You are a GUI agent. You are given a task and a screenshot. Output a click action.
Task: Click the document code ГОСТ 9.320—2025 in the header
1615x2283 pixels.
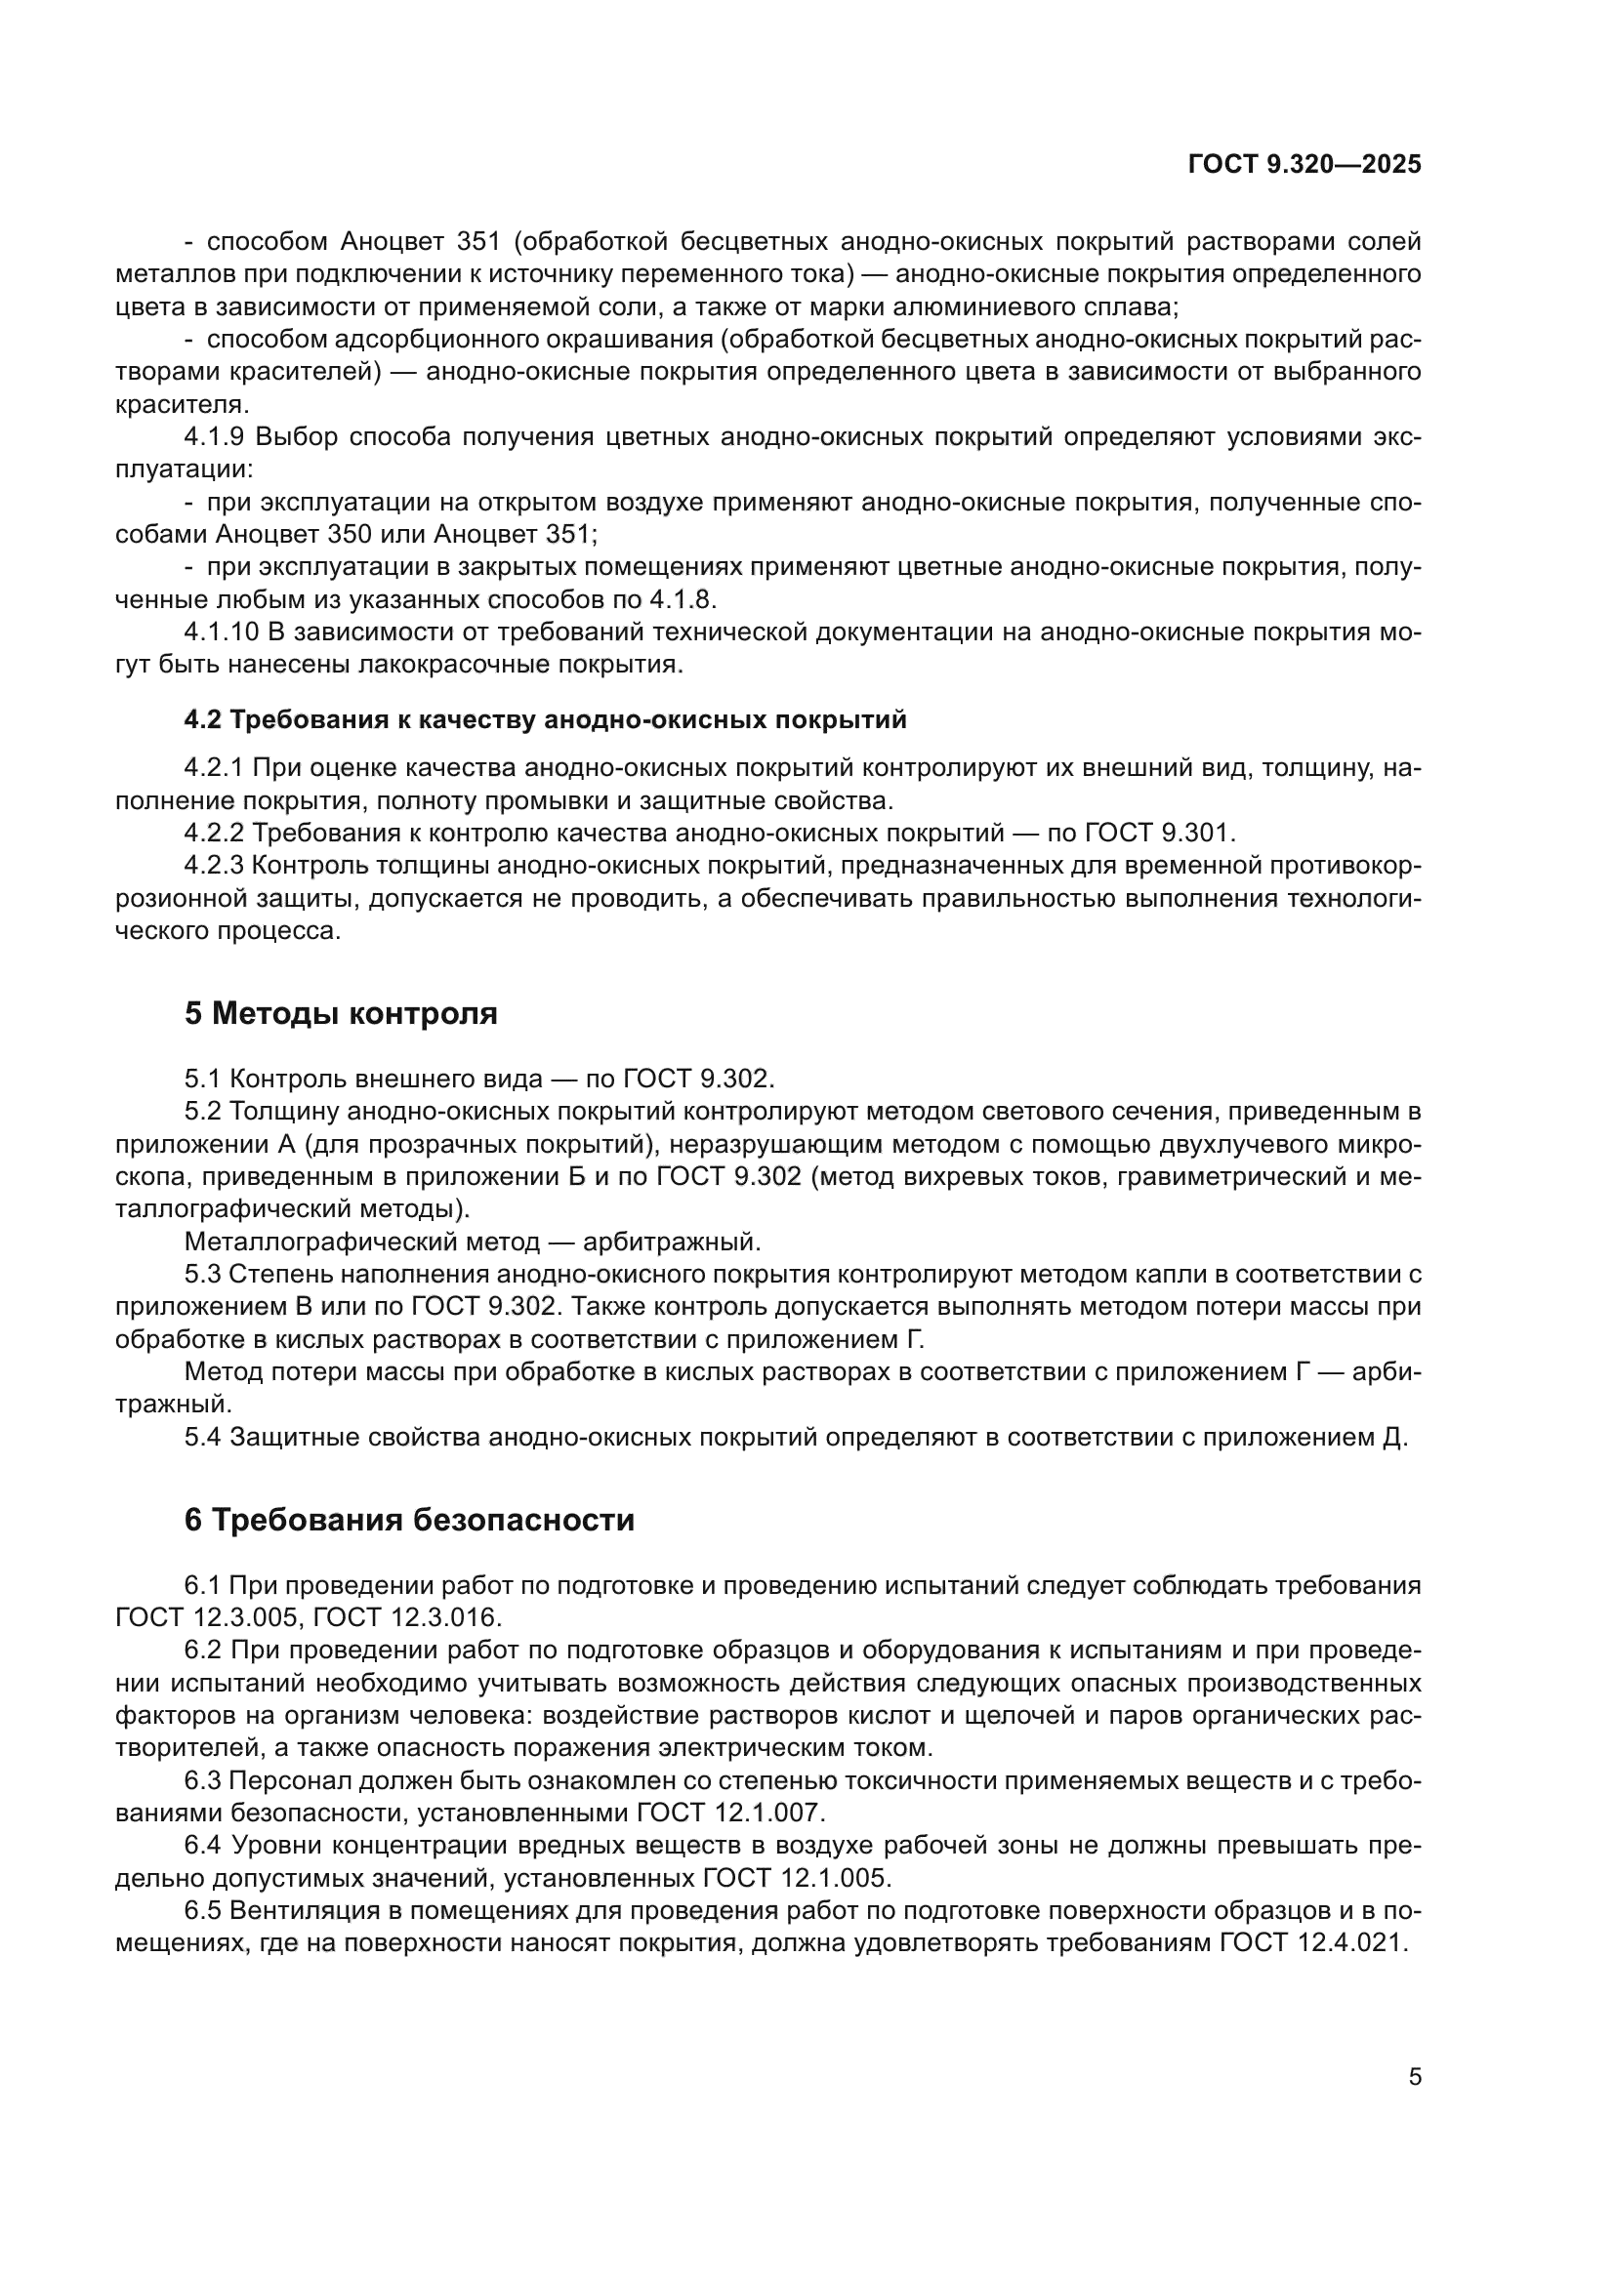[1304, 165]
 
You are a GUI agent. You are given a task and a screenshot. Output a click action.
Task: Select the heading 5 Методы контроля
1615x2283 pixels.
[340, 1014]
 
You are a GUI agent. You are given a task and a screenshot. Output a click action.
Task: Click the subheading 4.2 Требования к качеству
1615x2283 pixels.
[545, 720]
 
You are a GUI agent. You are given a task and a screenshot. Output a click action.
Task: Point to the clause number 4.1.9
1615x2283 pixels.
[217, 437]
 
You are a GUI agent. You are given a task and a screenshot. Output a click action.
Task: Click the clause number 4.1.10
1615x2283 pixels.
[222, 632]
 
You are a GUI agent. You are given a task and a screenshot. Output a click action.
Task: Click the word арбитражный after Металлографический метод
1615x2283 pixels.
[671, 1243]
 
